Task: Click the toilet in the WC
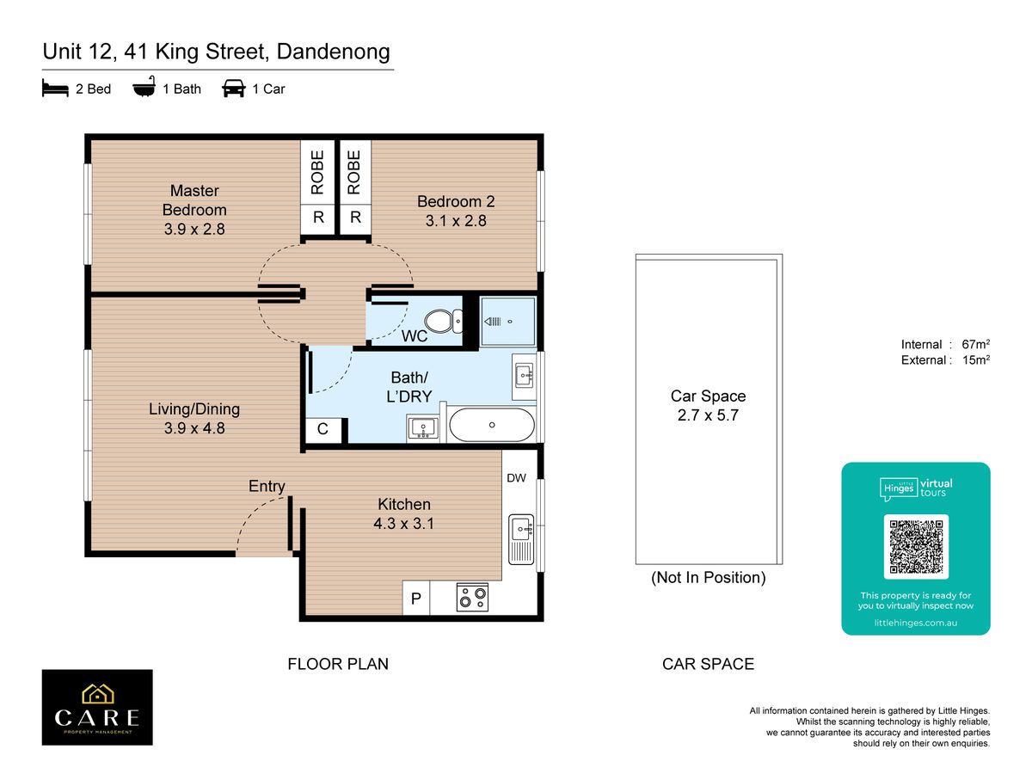(444, 322)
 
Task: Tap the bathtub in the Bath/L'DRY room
(492, 425)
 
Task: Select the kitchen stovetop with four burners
(472, 598)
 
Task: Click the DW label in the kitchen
(516, 478)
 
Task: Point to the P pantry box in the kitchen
(416, 598)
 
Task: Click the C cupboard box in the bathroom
(323, 429)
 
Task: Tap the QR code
(916, 547)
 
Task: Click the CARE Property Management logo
(97, 707)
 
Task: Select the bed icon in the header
(55, 89)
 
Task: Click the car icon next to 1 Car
(234, 89)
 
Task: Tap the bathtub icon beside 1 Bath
(144, 87)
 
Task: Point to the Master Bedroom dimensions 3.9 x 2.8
(194, 230)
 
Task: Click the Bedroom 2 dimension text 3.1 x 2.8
(456, 221)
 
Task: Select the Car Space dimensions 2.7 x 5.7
(708, 415)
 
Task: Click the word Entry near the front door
(267, 487)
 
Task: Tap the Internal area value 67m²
(975, 345)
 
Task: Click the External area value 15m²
(975, 360)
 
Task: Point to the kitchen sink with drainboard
(521, 539)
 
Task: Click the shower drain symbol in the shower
(510, 322)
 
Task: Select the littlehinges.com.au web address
(915, 623)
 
